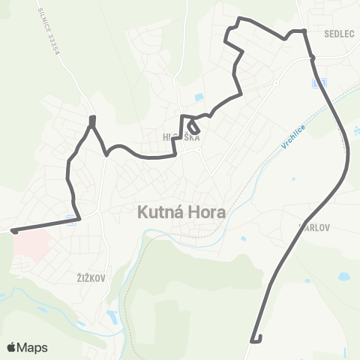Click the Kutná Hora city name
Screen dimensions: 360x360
(x=180, y=212)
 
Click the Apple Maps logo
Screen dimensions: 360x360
(x=27, y=347)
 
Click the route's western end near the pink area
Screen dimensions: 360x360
(x=14, y=230)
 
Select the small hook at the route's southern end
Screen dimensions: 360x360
(x=257, y=340)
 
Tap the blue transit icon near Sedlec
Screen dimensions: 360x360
(x=320, y=82)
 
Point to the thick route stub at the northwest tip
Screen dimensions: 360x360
(x=92, y=120)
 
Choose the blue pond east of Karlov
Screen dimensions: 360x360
(x=343, y=277)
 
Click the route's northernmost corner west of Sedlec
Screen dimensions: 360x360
(x=239, y=19)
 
